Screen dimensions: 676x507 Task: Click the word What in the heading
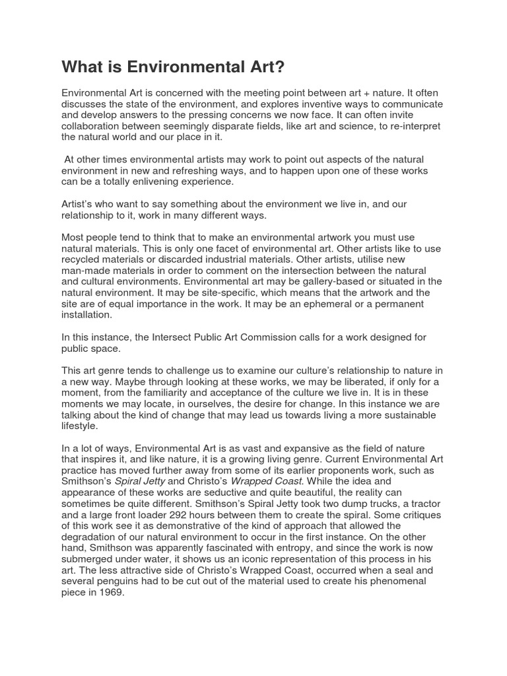(x=81, y=67)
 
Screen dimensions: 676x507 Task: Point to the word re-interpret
(x=414, y=126)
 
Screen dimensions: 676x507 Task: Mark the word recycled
(x=84, y=259)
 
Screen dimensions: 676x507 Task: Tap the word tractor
(x=418, y=504)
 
